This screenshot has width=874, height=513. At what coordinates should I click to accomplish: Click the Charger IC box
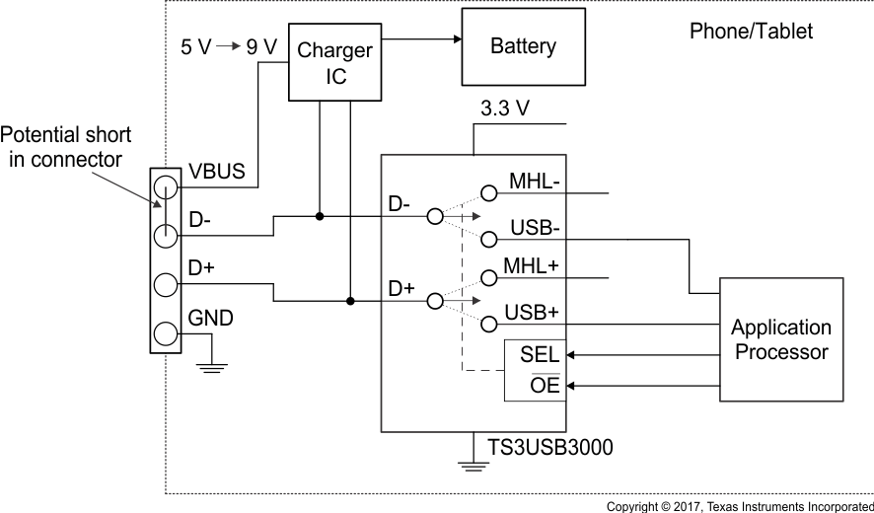334,61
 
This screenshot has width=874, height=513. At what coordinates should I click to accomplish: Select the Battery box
523,46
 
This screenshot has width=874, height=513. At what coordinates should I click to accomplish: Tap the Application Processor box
780,339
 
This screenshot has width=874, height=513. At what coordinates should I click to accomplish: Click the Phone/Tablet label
751,32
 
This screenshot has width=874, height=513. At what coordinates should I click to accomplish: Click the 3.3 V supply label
504,109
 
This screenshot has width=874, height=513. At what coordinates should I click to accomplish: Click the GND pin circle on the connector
164,333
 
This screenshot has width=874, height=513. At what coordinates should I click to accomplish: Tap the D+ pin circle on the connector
164,284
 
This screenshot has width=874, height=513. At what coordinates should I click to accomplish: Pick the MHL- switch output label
537,183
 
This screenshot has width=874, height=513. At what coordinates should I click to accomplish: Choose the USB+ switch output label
533,313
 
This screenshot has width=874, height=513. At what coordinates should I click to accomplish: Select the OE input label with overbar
545,386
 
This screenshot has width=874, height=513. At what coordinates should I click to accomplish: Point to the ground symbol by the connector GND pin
212,366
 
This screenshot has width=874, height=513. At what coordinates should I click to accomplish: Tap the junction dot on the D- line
319,215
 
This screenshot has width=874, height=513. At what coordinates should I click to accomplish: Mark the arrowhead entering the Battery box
456,39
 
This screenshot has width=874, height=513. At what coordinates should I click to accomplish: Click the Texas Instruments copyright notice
739,506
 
